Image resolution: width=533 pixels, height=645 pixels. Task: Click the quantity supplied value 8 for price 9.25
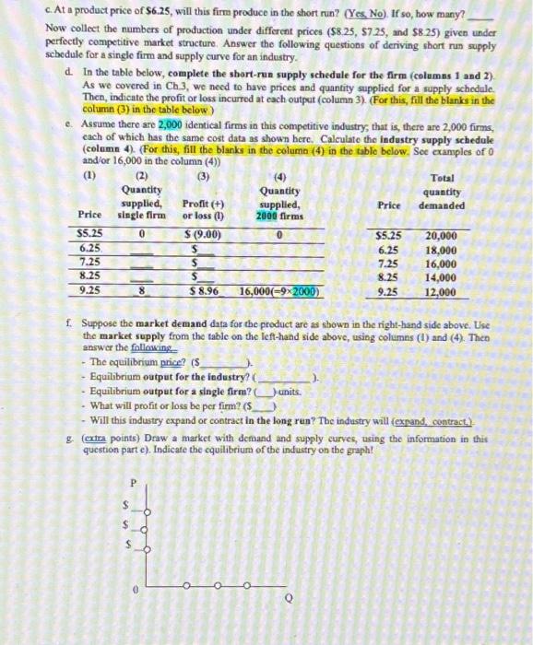click(140, 290)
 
